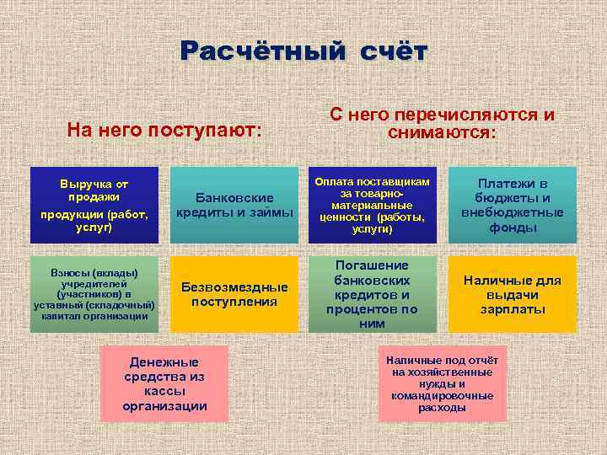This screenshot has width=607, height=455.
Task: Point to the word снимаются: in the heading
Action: click(x=442, y=133)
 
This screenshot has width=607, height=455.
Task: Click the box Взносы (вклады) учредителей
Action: click(x=93, y=294)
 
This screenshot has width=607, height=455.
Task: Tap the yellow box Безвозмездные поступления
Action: click(x=234, y=294)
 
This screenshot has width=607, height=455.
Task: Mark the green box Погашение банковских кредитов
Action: click(x=372, y=294)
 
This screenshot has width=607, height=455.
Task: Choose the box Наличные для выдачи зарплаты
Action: click(x=513, y=294)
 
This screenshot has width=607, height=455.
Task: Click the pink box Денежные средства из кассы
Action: click(x=164, y=383)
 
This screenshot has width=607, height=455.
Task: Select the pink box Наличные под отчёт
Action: click(x=442, y=383)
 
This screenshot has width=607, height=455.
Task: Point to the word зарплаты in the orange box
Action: click(x=513, y=309)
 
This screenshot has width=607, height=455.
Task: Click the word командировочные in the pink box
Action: click(x=442, y=395)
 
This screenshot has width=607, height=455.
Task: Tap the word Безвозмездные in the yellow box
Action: click(x=234, y=286)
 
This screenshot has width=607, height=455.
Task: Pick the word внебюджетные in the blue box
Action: click(x=513, y=212)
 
